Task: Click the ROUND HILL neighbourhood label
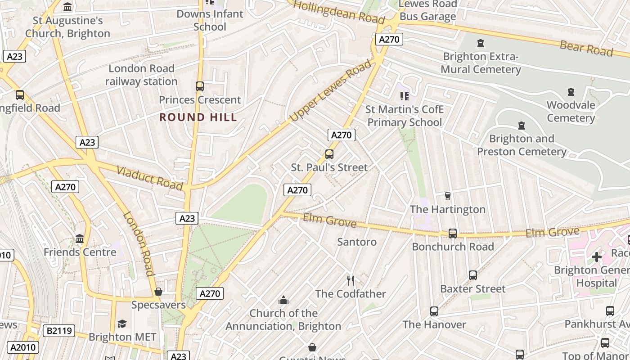[198, 117]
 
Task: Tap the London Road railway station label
[141, 75]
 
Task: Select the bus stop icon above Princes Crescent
[200, 86]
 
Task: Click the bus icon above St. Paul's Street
[329, 154]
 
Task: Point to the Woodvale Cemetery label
[571, 112]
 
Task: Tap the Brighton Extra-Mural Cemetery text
[481, 63]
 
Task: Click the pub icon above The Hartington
[447, 196]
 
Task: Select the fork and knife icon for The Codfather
[351, 281]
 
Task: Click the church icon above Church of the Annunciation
[283, 300]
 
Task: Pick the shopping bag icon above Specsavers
[158, 292]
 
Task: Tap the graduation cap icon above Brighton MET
[122, 324]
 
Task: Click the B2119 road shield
[59, 331]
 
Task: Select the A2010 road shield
[23, 347]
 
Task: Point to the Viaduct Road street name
[150, 178]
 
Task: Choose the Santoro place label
[357, 242]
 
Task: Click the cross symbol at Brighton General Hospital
[597, 257]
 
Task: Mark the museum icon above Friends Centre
[80, 238]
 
